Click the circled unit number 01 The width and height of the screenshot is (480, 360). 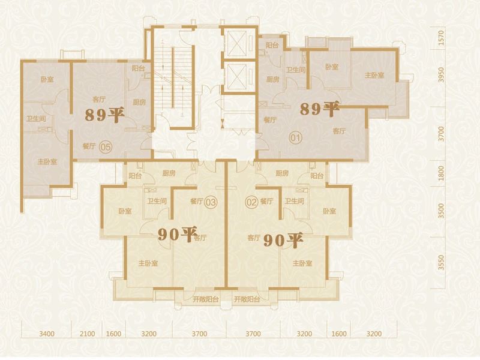[x=295, y=138]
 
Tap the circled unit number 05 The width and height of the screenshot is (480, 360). [x=106, y=147]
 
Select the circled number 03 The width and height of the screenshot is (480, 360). [x=211, y=202]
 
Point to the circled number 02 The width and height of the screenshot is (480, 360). [x=251, y=202]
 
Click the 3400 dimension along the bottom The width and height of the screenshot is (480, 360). [x=47, y=334]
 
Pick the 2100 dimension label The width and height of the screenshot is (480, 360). [x=87, y=334]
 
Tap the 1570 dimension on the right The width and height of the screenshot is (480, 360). [x=441, y=38]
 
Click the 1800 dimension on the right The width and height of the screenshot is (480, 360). [x=441, y=173]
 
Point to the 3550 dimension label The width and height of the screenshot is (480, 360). [x=441, y=263]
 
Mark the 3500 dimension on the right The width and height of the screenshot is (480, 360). [x=441, y=211]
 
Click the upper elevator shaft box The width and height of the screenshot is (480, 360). [x=238, y=43]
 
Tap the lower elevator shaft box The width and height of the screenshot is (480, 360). [x=238, y=77]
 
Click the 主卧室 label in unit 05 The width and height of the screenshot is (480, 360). [x=47, y=161]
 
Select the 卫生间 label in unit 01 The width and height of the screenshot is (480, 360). [x=295, y=70]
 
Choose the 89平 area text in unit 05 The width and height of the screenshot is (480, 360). [x=104, y=115]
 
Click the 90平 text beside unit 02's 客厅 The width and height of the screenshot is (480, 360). [x=283, y=241]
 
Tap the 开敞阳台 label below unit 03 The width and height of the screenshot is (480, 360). [x=206, y=299]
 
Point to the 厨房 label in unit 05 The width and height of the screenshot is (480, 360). [x=139, y=102]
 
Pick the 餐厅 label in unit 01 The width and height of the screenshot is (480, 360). [x=270, y=120]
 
